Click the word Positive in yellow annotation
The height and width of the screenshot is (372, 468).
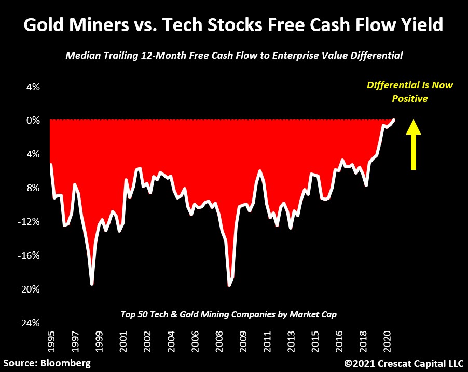(410, 98)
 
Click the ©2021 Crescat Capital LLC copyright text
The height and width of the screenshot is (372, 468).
(403, 362)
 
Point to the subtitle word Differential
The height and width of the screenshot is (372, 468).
(375, 56)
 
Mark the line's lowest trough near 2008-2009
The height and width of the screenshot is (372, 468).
(229, 285)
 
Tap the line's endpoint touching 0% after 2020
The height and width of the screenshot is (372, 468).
(394, 120)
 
